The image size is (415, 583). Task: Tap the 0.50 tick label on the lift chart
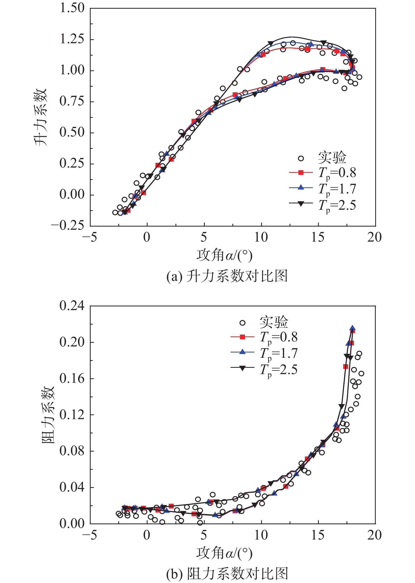tap(72, 132)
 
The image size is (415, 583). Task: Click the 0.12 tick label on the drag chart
tap(72, 414)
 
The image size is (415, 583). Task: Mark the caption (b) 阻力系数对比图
tap(227, 574)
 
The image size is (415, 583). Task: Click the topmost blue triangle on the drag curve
tap(352, 328)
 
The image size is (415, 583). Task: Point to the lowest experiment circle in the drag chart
tap(200, 523)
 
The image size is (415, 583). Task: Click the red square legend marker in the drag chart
tap(242, 337)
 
